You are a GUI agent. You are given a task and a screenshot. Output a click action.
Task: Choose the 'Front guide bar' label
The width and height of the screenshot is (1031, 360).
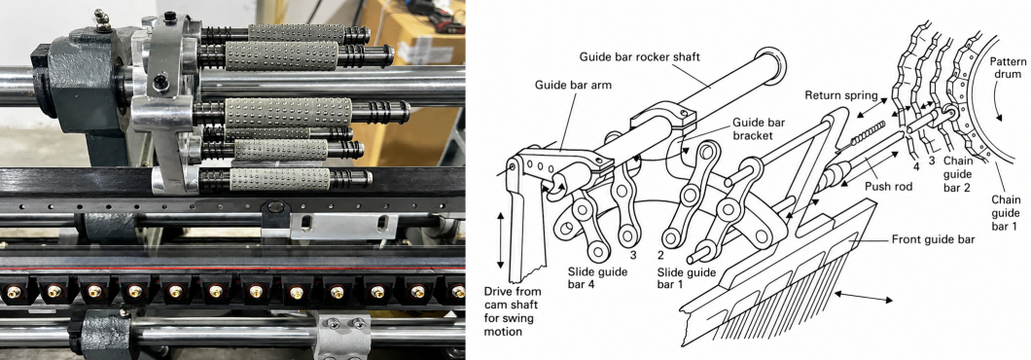933,239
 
